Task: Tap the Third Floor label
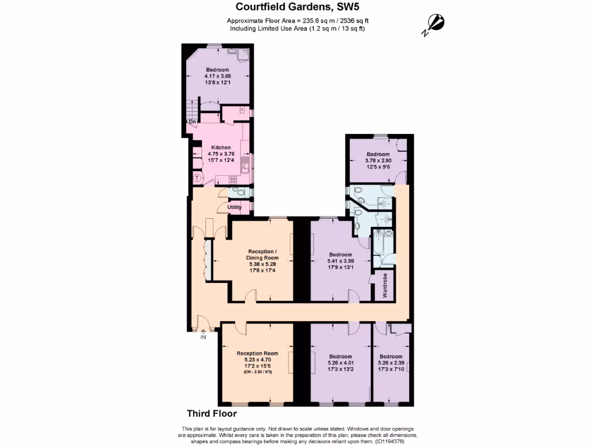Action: click(x=211, y=414)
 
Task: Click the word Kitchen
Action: click(x=221, y=148)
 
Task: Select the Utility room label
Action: click(x=234, y=207)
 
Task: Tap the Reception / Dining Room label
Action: click(x=260, y=254)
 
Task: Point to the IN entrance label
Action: click(x=203, y=337)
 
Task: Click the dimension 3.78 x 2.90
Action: click(x=378, y=161)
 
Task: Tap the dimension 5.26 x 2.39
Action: click(x=391, y=363)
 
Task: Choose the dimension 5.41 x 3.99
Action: click(x=340, y=261)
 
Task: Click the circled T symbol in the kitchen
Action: click(x=197, y=178)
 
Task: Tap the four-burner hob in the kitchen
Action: click(x=233, y=180)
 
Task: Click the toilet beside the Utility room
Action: click(x=239, y=190)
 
